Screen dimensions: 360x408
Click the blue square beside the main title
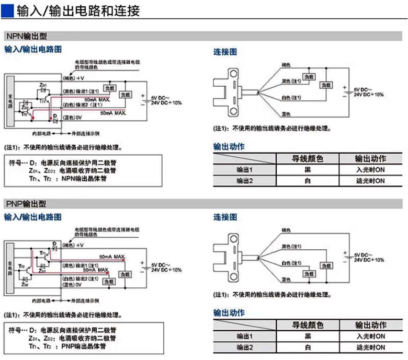(x=8, y=9)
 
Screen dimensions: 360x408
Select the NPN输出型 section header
(x=27, y=37)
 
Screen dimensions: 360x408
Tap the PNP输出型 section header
(x=27, y=203)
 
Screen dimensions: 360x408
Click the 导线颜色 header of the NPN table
(x=307, y=158)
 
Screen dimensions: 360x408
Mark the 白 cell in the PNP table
(x=307, y=347)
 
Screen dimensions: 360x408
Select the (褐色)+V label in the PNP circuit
(x=74, y=245)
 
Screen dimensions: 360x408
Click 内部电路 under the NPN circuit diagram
(x=41, y=134)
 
